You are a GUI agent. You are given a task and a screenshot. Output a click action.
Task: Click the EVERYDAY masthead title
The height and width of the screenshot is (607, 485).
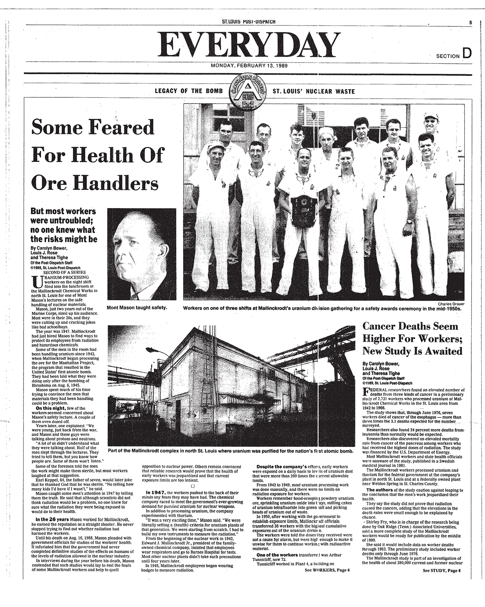point(249,45)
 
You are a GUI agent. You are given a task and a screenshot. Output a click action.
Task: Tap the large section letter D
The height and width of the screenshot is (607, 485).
point(467,54)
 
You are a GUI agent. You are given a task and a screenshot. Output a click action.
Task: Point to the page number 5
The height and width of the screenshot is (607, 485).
point(470,23)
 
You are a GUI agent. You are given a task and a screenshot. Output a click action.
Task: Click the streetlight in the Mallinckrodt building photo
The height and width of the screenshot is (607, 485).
point(152,350)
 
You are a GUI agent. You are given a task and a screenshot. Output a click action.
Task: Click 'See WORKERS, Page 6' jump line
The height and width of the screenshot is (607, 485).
point(327,570)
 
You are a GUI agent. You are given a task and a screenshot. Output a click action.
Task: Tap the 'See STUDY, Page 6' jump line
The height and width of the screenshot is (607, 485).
point(442,570)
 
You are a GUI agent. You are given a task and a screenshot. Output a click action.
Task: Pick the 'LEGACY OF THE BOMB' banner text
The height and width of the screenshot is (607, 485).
point(189,91)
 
